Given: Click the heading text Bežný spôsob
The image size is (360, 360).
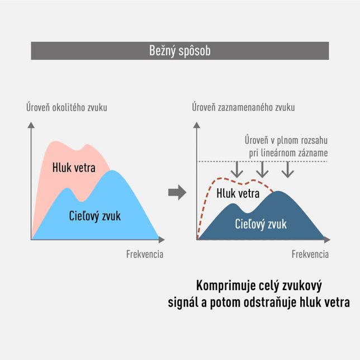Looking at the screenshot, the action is [x=180, y=51].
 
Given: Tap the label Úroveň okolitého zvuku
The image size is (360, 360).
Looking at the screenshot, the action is [x=67, y=107].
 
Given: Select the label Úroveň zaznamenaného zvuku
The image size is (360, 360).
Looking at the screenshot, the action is [x=243, y=107].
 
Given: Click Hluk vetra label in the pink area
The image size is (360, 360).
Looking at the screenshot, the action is [x=74, y=167].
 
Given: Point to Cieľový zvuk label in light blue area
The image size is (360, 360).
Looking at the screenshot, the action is [x=95, y=216].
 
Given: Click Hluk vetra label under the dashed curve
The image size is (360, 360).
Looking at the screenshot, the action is [x=238, y=193].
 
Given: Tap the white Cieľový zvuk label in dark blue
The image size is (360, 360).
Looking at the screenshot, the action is [x=261, y=224].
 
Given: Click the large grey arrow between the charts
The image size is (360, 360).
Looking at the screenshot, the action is [x=177, y=192].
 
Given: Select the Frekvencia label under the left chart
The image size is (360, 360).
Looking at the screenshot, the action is [x=145, y=254].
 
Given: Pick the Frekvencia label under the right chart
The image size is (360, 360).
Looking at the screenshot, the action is [x=310, y=254].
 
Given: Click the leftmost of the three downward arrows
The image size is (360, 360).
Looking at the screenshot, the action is [x=236, y=169].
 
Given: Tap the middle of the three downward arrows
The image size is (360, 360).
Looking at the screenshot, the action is [x=262, y=169].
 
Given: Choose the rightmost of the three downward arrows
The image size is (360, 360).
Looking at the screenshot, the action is [x=288, y=169].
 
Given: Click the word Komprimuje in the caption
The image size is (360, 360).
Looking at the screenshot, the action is [x=226, y=286].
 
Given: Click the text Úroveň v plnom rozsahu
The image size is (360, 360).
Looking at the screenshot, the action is [x=286, y=140].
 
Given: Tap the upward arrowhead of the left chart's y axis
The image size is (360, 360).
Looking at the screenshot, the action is [x=31, y=125].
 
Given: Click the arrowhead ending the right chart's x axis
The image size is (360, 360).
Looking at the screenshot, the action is [x=327, y=240].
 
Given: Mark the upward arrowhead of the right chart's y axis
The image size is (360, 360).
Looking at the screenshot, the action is [x=197, y=125].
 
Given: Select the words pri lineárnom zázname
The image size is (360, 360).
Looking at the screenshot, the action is [x=288, y=153].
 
